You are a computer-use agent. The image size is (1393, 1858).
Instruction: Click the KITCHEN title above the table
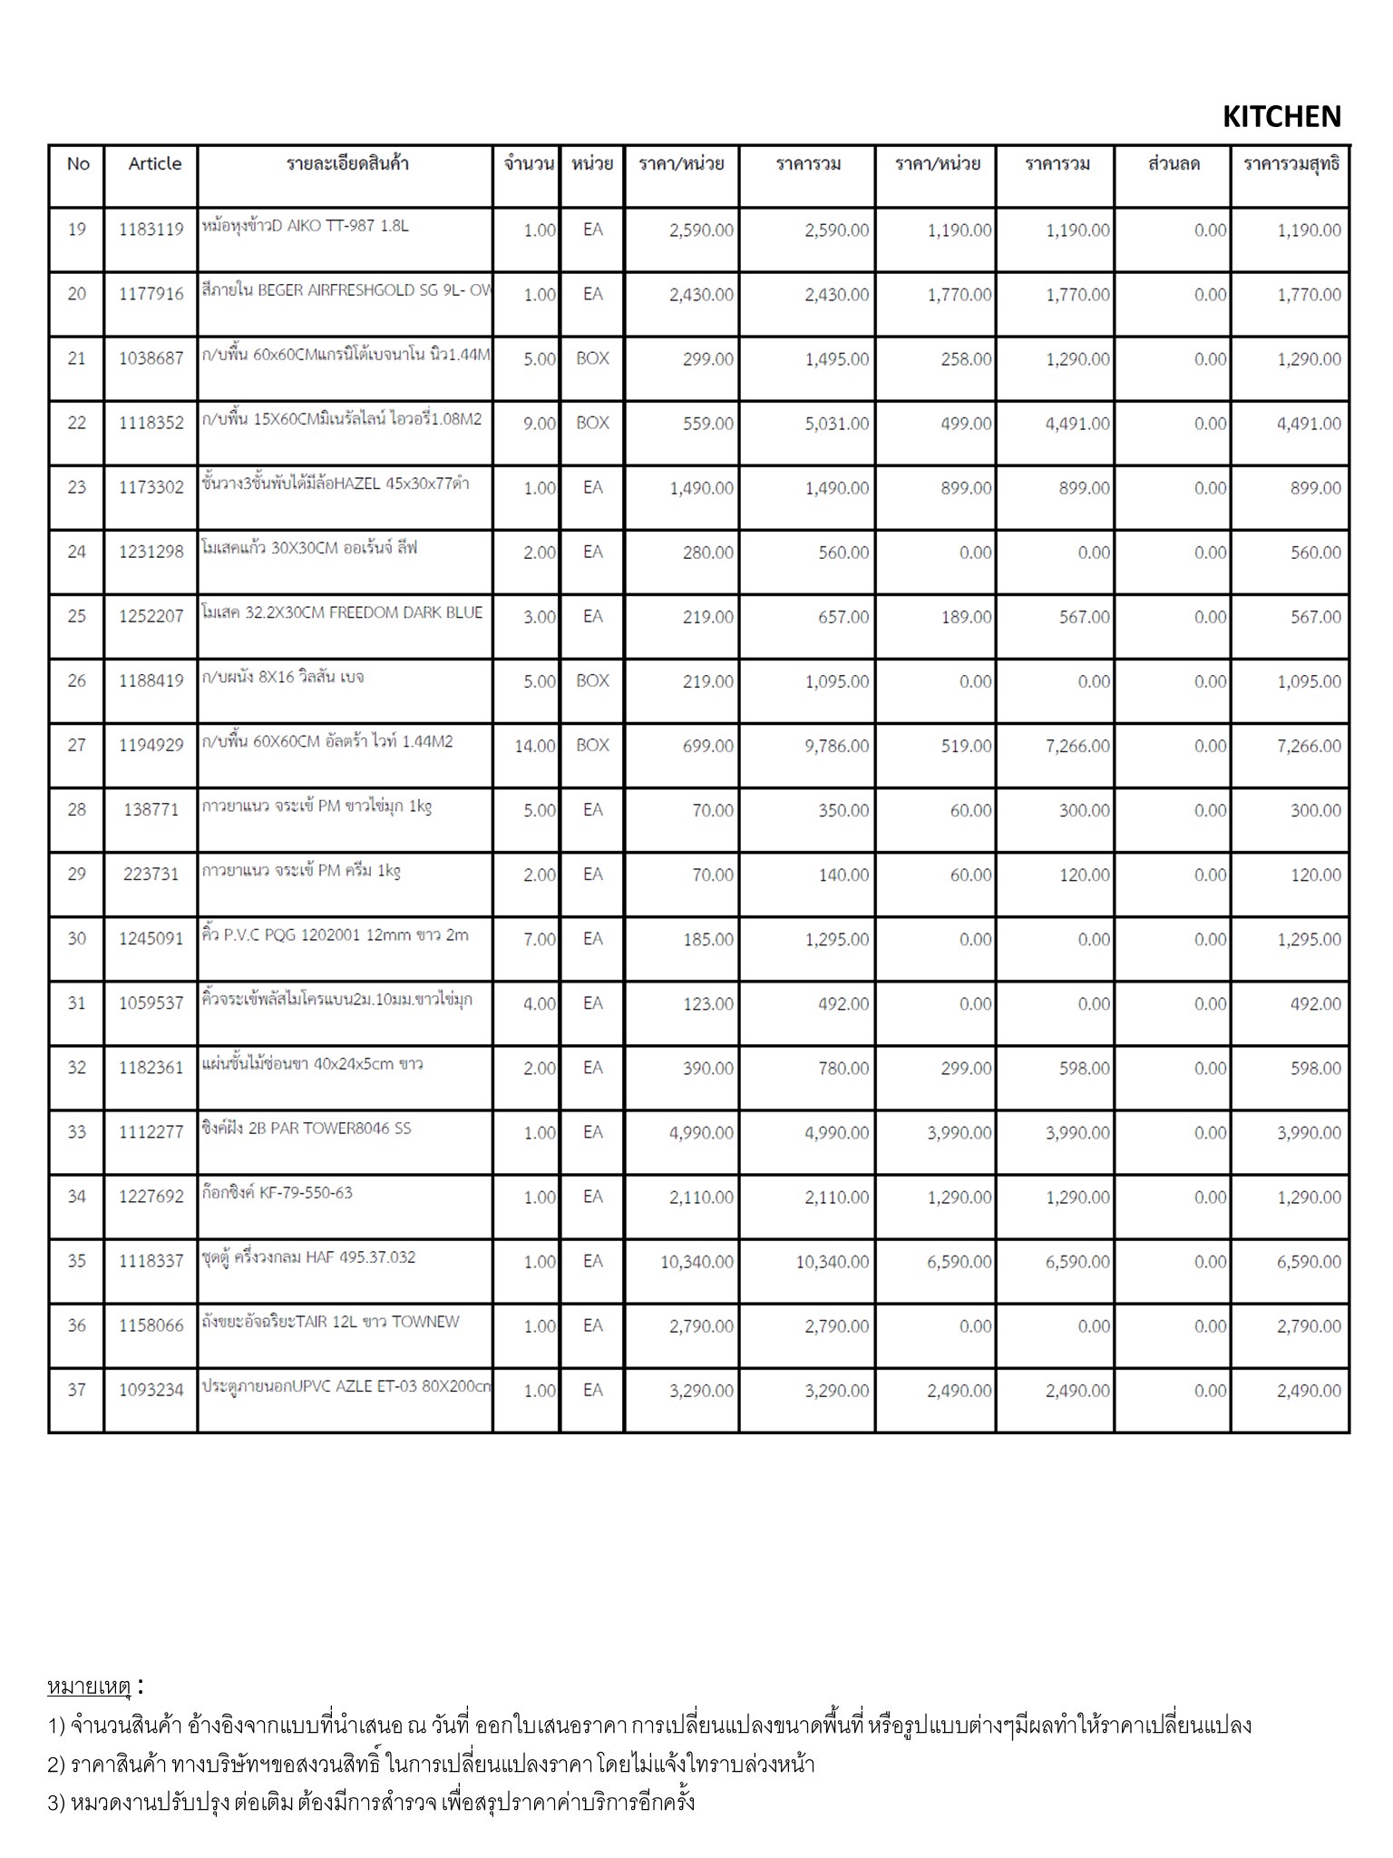pos(1281,116)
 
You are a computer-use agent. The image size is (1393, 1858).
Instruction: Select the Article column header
pos(154,164)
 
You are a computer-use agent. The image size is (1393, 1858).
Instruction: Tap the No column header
pos(78,164)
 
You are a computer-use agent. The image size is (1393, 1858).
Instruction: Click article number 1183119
pos(151,230)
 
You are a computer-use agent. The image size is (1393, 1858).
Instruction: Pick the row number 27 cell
pos(77,746)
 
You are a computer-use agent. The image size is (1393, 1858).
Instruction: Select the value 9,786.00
pos(836,747)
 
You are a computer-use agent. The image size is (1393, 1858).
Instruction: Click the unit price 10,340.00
pos(696,1262)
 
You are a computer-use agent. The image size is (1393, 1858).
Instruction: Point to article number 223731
pos(151,875)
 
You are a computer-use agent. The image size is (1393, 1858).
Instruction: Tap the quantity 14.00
pos(535,747)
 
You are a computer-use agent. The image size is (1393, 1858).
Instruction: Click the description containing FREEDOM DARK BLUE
pos(342,613)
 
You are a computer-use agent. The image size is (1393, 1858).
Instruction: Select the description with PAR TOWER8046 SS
pos(307,1129)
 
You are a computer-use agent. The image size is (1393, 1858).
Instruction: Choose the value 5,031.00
pos(836,424)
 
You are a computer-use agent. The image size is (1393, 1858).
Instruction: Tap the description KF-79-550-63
pos(278,1193)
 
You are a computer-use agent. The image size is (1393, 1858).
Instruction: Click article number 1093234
pos(151,1391)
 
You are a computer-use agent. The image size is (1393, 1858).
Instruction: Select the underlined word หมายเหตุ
pos(89,1687)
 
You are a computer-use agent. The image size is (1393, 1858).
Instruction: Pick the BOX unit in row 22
pos(592,424)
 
